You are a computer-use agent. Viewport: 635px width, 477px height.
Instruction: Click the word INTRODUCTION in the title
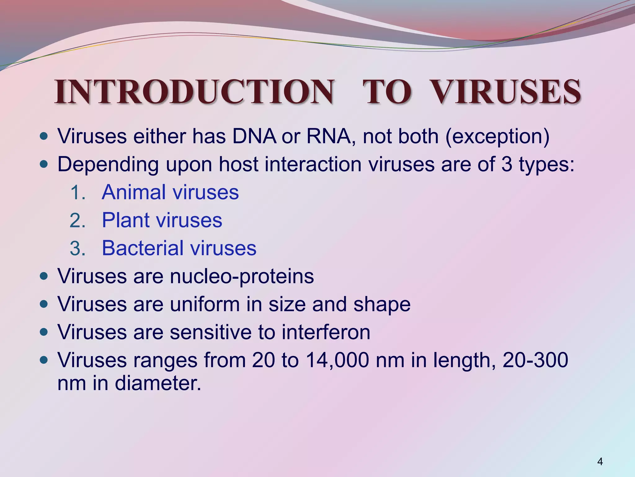pos(194,92)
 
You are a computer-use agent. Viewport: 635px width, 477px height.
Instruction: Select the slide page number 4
pos(600,462)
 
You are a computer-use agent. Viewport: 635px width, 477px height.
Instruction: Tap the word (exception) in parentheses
pos(497,137)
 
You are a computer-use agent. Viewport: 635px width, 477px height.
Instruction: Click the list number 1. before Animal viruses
pos(77,193)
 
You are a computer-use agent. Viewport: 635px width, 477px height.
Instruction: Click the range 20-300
pos(535,360)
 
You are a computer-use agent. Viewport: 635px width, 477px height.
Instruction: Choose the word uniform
pos(205,304)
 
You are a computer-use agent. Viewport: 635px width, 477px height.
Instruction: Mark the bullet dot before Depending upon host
pos(44,165)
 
